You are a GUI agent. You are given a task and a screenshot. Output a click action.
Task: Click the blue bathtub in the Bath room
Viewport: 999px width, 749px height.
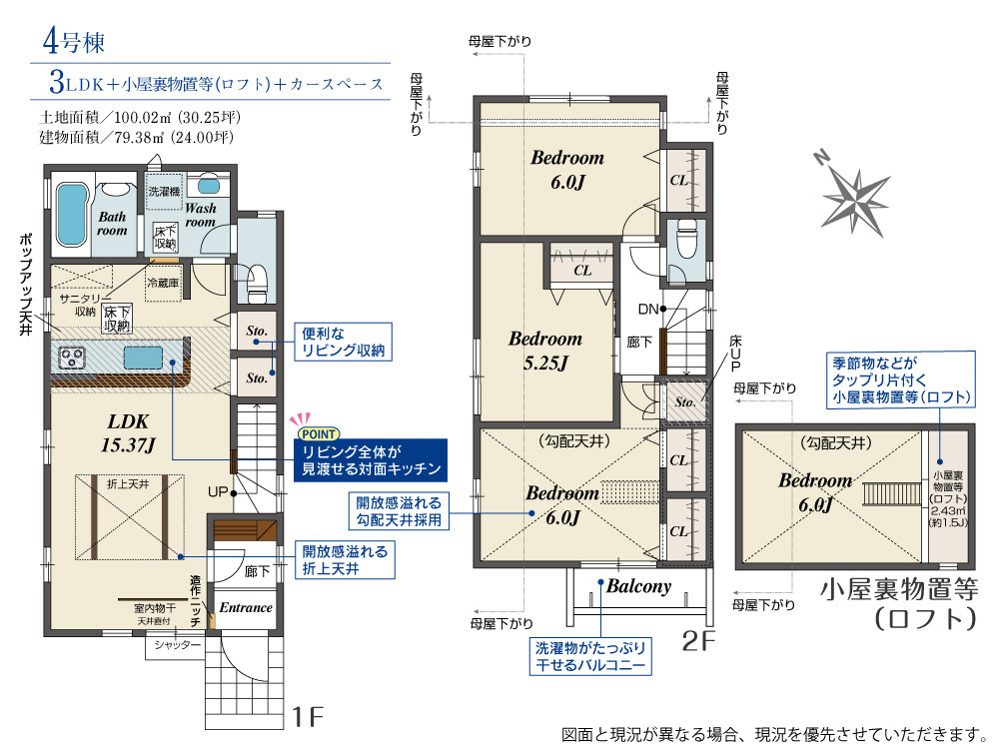(x=71, y=214)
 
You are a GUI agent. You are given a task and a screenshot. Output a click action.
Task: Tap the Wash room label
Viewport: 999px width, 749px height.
(x=201, y=215)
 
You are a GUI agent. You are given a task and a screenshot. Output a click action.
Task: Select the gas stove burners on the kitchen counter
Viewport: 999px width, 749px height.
(x=71, y=358)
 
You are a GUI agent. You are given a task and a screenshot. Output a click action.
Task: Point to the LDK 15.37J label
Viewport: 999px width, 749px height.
(x=128, y=432)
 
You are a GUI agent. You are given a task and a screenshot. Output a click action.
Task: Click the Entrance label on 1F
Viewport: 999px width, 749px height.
(x=246, y=607)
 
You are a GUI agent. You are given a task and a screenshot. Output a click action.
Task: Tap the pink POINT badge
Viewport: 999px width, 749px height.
(x=319, y=433)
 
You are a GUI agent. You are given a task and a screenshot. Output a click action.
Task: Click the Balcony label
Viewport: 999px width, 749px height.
(x=638, y=586)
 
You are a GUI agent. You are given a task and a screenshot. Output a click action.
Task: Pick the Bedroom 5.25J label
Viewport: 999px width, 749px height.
(x=545, y=351)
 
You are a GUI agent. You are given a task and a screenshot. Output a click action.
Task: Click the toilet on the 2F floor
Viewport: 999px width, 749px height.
(x=686, y=239)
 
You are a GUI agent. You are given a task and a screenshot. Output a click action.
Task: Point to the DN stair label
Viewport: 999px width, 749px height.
(x=648, y=310)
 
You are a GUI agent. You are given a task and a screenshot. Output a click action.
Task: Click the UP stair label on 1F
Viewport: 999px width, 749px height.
(x=217, y=492)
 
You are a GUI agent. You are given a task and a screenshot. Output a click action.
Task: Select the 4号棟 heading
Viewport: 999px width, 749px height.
(x=73, y=42)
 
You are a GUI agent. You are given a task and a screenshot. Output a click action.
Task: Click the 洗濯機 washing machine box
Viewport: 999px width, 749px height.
(x=164, y=191)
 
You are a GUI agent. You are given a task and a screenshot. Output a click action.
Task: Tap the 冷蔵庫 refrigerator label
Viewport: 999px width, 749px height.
(x=163, y=283)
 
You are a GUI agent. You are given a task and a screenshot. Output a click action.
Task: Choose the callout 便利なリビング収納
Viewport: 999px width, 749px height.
(x=343, y=342)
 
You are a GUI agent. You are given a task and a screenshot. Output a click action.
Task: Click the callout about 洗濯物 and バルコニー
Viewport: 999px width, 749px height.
(x=590, y=657)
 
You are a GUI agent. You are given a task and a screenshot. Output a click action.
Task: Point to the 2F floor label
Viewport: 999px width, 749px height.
(x=699, y=641)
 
